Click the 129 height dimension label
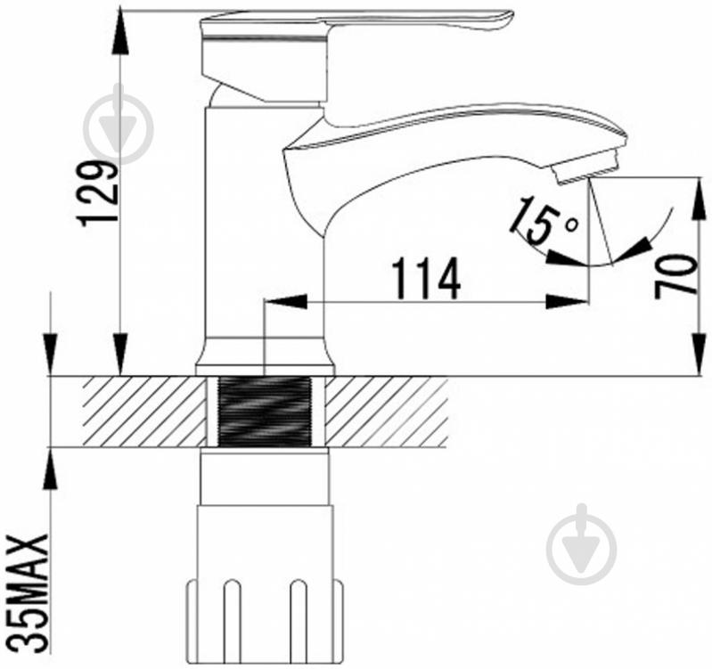point(99,192)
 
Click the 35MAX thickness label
point(29,593)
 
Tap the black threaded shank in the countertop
point(265,412)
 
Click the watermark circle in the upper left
point(119,129)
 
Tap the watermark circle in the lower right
point(581,549)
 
